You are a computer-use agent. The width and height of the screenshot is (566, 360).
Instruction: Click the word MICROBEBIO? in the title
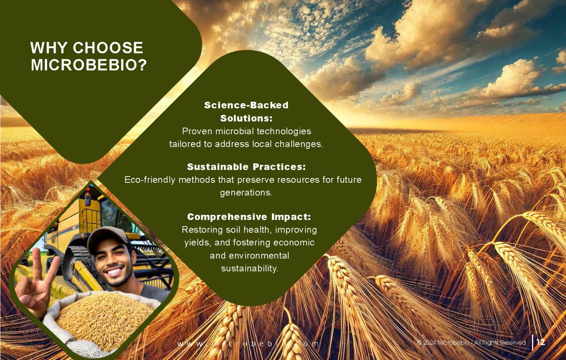(89, 65)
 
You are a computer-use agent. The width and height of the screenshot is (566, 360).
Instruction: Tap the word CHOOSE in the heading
(108, 48)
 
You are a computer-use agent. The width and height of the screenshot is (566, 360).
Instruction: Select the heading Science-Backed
(246, 105)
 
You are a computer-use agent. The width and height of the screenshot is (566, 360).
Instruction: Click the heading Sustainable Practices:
(246, 167)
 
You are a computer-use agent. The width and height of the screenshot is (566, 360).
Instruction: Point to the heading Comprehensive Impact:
(249, 217)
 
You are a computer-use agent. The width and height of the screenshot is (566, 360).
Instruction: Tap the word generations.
(246, 193)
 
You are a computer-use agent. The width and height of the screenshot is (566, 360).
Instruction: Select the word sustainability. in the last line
(249, 269)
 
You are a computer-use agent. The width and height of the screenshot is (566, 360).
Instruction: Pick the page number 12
(541, 342)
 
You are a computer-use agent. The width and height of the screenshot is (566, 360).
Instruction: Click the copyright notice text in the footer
(471, 343)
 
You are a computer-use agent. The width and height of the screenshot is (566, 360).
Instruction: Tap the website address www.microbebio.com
(248, 344)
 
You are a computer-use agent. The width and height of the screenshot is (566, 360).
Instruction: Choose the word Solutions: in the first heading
(246, 119)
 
